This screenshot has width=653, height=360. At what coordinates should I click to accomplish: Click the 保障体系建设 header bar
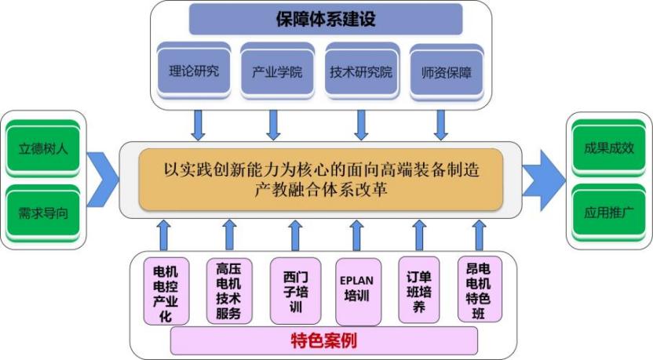(325, 19)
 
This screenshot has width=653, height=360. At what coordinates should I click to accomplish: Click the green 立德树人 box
(43, 147)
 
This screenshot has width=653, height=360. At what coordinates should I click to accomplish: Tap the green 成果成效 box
(608, 147)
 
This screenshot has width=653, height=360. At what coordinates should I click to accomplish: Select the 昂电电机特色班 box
(480, 289)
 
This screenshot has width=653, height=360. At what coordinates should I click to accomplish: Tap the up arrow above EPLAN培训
(356, 235)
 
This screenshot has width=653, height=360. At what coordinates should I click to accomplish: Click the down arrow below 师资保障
(441, 123)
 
